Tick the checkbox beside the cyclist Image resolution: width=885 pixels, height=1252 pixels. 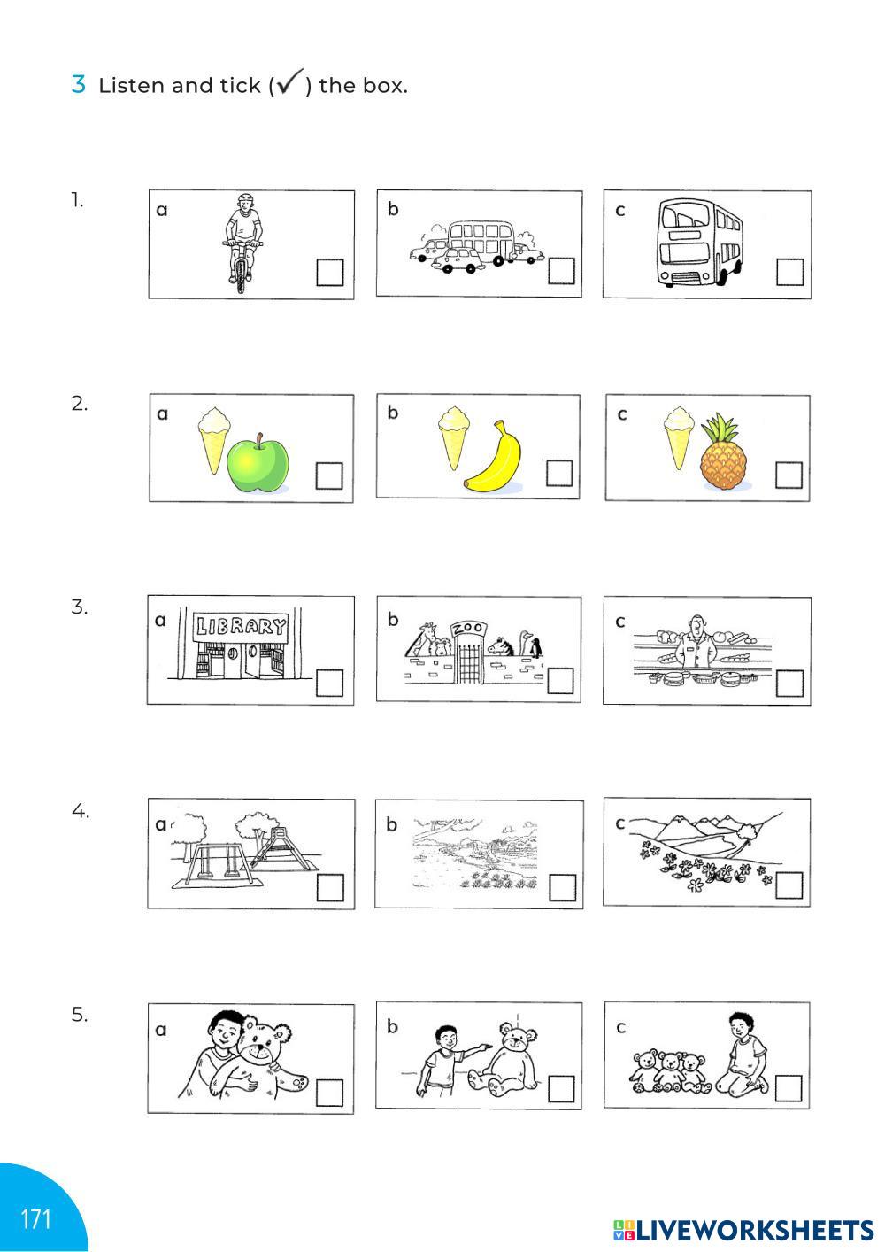tap(329, 273)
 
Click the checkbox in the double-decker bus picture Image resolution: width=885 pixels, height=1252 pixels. tap(790, 272)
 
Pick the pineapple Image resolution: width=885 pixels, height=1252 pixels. tap(723, 452)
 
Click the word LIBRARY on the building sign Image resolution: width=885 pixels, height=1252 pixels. tap(240, 626)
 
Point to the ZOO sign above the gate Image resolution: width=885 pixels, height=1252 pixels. tap(467, 629)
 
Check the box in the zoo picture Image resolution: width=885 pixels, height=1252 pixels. tap(560, 681)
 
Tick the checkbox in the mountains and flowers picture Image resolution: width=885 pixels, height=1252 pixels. tap(789, 886)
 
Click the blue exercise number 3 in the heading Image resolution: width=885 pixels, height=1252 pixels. tap(78, 84)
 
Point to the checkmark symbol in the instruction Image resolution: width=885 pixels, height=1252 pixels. tap(290, 81)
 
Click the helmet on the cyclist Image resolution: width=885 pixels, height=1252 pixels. tap(244, 199)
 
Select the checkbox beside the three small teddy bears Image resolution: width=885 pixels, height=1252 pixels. tap(789, 1088)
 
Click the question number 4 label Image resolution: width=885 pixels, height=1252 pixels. tap(80, 810)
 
